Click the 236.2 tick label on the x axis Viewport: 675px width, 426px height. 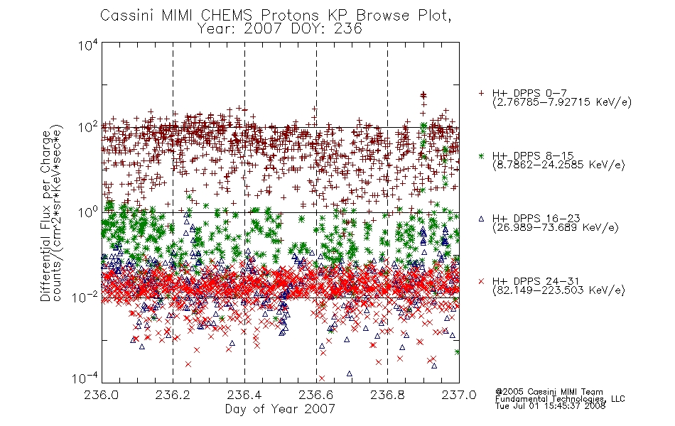click(x=173, y=395)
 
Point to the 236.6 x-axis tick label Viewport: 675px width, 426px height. click(x=316, y=395)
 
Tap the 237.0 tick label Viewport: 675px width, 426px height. click(x=459, y=395)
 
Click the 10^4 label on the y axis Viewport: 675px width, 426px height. click(x=88, y=45)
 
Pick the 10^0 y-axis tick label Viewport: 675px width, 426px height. click(x=88, y=212)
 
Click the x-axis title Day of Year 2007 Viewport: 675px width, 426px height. click(x=280, y=408)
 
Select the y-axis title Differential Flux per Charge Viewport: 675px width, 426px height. click(x=45, y=216)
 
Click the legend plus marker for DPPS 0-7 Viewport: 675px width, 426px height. click(x=481, y=93)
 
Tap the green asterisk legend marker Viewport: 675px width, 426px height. click(x=481, y=155)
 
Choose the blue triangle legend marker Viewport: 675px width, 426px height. click(x=481, y=219)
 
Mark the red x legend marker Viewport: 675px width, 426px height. click(x=481, y=281)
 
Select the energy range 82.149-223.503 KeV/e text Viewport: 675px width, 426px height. click(x=558, y=290)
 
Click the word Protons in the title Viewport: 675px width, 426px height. click(x=289, y=15)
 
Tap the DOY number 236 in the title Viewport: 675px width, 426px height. click(x=348, y=28)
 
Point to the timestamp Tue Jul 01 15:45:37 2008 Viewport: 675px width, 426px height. click(x=550, y=405)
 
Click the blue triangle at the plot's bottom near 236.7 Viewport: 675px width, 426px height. click(x=349, y=373)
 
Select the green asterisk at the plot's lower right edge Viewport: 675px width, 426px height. click(x=457, y=352)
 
